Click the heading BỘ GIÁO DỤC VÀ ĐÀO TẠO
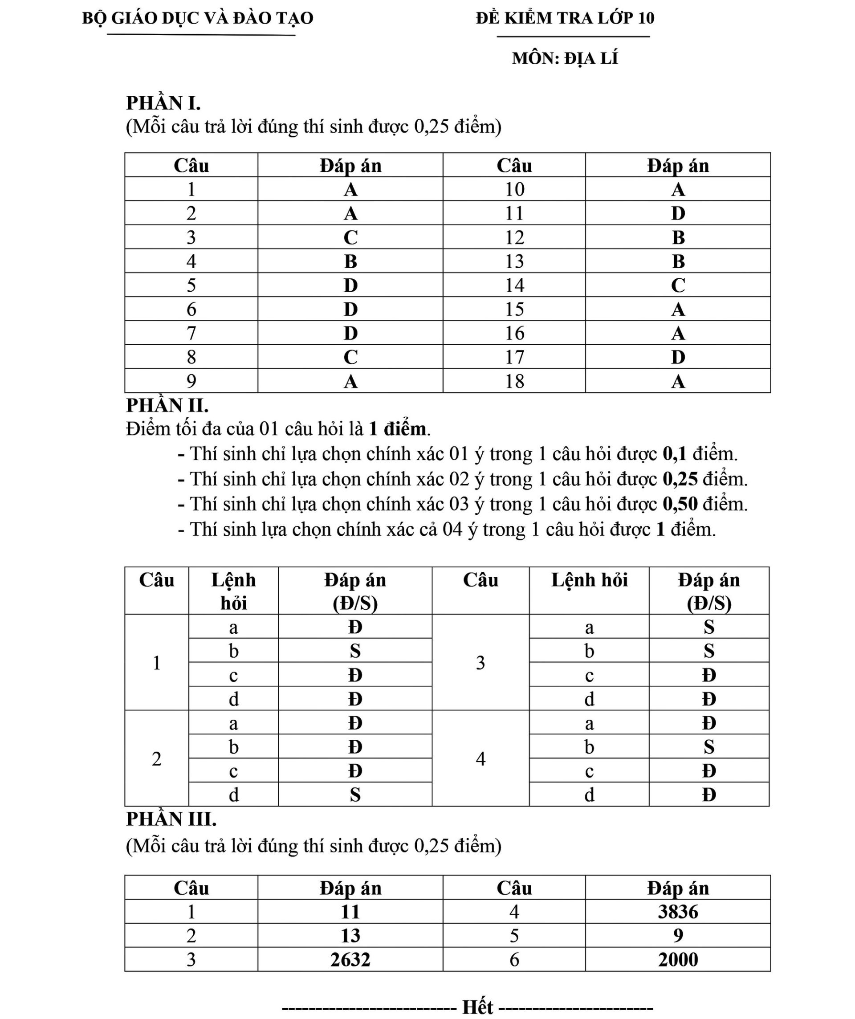coord(197,18)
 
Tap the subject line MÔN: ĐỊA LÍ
coord(565,58)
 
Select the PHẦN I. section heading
coord(163,103)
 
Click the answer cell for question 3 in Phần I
coord(350,237)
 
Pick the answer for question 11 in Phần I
coord(678,213)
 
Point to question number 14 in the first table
coord(514,285)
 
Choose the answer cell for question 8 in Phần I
coord(350,357)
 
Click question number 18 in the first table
coord(514,381)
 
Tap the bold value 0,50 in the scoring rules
coord(680,504)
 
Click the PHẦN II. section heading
coord(167,405)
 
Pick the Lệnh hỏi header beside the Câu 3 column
coord(589,580)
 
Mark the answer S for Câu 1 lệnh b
coord(355,651)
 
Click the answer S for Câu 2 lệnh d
coord(355,795)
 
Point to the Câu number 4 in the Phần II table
coord(480,759)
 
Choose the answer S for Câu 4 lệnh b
coord(709,747)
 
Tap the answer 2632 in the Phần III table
coord(350,959)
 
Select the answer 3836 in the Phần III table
coord(678,912)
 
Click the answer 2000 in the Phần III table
coord(678,959)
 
